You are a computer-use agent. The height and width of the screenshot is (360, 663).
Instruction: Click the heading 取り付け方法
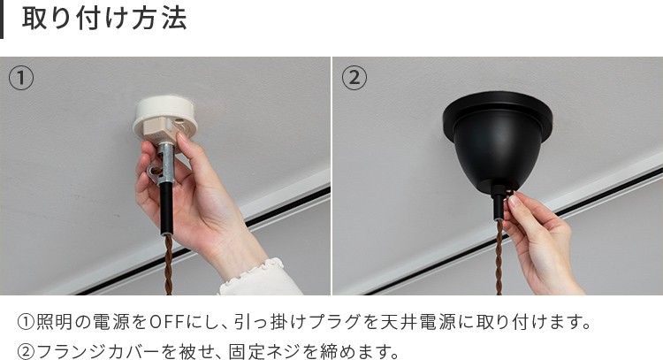pos(104,19)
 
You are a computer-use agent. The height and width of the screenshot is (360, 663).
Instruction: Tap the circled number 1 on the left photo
pos(21,78)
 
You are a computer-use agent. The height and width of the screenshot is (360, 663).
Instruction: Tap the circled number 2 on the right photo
pos(354,78)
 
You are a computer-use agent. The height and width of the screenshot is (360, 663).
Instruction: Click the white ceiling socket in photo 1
pos(165,118)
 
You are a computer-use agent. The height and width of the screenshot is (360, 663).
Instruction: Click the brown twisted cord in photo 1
pos(168,264)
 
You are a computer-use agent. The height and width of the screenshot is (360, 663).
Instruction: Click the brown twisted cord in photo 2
pos(499,258)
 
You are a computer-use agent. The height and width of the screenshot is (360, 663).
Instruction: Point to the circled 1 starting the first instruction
pos(26,322)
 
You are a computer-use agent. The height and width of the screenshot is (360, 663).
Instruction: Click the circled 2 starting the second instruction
pos(26,351)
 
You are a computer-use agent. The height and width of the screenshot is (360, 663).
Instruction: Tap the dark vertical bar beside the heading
pos(2,19)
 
